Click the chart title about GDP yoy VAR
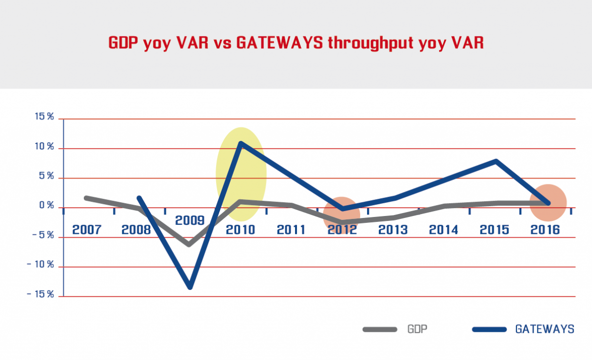pos(296,43)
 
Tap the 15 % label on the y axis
pos(44,117)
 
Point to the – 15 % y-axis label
pos(40,294)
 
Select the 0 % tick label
pos(46,206)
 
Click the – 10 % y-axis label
pos(40,265)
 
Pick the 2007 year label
pos(86,230)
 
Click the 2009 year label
pos(189,220)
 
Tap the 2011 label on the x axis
pos(292,230)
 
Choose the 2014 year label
pos(444,230)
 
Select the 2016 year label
pos(545,230)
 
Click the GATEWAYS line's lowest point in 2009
pos(190,287)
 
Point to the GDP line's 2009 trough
pos(189,244)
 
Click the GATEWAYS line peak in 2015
pos(495,161)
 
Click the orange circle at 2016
pos(548,202)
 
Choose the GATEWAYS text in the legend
pos(544,329)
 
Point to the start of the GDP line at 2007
pos(86,198)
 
